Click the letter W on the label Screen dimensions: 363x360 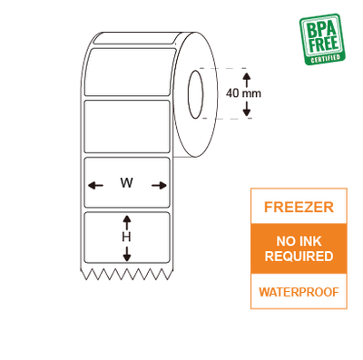point(127,183)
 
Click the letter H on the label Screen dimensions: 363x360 point(127,237)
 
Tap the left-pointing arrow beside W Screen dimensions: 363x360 point(94,185)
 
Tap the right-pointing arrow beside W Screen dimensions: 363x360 point(161,185)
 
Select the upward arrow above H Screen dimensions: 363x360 point(127,220)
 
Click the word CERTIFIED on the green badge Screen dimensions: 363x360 point(326,59)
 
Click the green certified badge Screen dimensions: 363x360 point(321,39)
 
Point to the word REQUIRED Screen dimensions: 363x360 point(299,257)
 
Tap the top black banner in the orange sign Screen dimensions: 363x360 point(299,208)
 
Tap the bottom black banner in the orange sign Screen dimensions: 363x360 point(299,292)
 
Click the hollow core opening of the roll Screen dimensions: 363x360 point(194,92)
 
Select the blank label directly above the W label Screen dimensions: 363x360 point(126,127)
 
